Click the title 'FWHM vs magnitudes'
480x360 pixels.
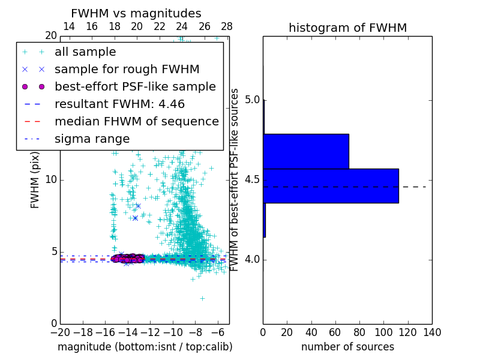(136, 13)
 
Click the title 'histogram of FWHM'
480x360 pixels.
(347, 28)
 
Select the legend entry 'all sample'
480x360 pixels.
(85, 52)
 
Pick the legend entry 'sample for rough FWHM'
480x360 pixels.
(127, 69)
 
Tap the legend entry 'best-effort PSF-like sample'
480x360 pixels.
(135, 86)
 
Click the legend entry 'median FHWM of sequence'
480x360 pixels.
(136, 121)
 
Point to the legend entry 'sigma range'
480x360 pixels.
(92, 139)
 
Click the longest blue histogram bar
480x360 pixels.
(331, 185)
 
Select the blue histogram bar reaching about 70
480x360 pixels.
(306, 151)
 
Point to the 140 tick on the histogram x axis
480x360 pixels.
(432, 332)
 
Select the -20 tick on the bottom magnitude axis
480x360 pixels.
(60, 332)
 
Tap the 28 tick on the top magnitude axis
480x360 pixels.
(227, 26)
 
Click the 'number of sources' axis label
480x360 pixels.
(347, 347)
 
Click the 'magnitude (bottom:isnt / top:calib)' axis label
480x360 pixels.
(145, 347)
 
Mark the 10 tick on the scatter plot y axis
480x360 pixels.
(51, 180)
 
